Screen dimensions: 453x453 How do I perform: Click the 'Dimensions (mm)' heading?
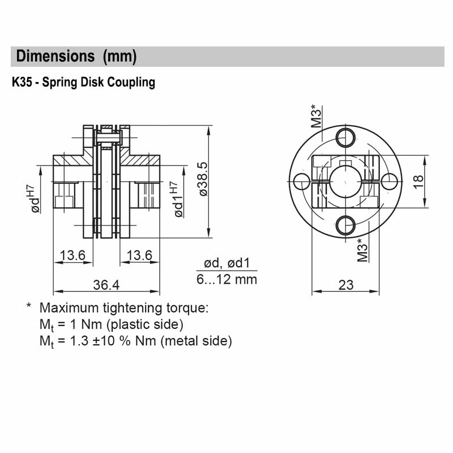(76, 57)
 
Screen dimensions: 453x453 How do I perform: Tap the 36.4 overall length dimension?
(106, 285)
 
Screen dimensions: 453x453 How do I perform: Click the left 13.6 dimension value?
(72, 256)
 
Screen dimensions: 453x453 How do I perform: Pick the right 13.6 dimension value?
(140, 256)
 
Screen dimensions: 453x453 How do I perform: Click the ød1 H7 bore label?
(177, 199)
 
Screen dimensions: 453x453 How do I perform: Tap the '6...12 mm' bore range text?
(226, 279)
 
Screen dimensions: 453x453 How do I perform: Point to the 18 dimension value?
(418, 181)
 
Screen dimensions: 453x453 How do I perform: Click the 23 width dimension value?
(345, 285)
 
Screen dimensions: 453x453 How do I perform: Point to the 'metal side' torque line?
(136, 341)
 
